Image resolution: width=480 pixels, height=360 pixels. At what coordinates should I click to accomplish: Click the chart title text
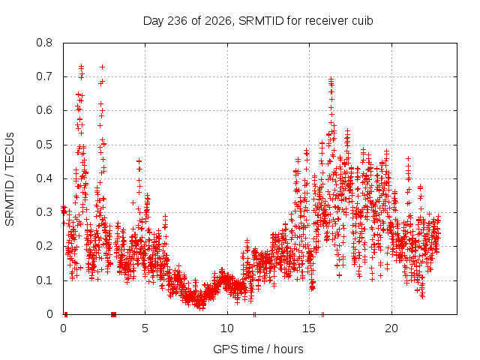258,21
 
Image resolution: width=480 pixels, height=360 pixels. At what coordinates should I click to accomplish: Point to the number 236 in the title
178,21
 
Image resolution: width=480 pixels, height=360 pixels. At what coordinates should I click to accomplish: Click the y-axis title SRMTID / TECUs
10,179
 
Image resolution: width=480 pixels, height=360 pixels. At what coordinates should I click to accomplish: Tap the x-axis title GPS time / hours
258,349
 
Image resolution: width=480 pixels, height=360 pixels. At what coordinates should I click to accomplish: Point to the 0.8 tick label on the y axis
44,43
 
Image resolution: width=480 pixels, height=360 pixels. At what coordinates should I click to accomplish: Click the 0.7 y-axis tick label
44,76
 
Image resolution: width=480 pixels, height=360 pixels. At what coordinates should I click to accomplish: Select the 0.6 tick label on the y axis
44,110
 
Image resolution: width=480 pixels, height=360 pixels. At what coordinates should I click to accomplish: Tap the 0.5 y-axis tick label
44,145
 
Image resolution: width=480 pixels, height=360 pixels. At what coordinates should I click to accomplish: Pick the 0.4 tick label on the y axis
44,178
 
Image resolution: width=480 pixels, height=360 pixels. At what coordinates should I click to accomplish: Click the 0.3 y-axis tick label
44,212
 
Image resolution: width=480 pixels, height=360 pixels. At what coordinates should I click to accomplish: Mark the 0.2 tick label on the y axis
44,246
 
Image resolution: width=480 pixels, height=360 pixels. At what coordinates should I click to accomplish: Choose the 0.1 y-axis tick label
44,280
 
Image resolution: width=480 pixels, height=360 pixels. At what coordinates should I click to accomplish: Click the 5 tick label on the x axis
145,328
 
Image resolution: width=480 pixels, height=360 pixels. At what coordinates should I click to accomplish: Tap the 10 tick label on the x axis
227,328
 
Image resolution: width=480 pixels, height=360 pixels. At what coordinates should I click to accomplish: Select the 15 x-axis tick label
309,328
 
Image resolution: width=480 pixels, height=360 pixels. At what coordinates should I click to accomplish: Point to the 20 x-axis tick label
391,328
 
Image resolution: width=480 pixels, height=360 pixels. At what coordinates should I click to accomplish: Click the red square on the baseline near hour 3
113,314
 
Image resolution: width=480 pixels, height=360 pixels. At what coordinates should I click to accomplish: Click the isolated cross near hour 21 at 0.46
408,158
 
